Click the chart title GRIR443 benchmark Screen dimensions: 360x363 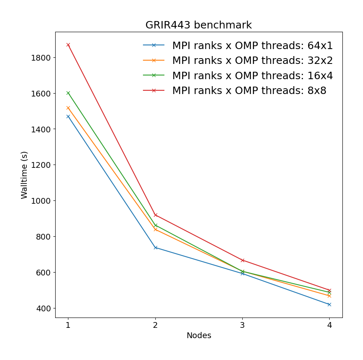(198, 25)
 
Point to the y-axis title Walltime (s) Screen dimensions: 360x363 (25, 175)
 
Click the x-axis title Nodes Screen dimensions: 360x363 (199, 336)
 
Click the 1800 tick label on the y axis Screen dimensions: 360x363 (40, 58)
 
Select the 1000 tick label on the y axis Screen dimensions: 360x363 (40, 201)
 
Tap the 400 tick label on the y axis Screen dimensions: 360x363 (43, 308)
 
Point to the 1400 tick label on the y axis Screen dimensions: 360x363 (40, 129)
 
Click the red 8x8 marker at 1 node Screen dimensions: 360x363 (68, 45)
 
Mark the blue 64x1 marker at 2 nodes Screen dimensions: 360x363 (155, 247)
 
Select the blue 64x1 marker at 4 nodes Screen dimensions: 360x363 (329, 304)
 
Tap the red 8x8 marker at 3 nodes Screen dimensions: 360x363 (242, 260)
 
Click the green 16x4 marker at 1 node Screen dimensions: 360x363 (68, 93)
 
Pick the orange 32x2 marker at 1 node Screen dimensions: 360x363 (68, 108)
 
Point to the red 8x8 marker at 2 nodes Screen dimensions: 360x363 (155, 215)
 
